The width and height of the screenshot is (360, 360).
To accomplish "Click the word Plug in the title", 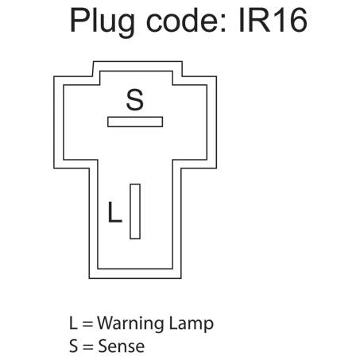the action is click(x=103, y=22).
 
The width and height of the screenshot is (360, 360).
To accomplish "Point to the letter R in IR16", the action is click(x=258, y=20).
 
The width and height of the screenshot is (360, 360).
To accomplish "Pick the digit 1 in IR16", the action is click(x=278, y=20).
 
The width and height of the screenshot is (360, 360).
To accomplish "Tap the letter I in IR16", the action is click(x=241, y=20).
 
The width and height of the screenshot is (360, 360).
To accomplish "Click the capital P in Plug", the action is click(x=79, y=20).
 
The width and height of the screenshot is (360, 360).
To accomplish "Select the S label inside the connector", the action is click(x=135, y=99).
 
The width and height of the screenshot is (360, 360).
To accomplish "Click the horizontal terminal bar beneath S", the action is click(x=135, y=122).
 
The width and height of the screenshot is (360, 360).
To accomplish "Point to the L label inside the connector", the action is click(x=115, y=212).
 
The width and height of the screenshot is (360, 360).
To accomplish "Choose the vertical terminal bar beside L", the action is click(x=135, y=211).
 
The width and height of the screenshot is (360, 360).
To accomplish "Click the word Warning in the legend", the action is click(x=131, y=323).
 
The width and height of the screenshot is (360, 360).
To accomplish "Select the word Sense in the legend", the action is click(x=122, y=346).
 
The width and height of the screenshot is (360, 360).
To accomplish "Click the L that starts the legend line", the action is click(x=73, y=323).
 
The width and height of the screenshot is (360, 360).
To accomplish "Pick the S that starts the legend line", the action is click(x=74, y=346).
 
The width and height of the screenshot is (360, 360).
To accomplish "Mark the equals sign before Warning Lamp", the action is click(x=87, y=324).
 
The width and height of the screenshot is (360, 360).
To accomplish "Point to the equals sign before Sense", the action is click(x=88, y=346).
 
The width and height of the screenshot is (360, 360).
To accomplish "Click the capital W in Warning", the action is click(x=106, y=323).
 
